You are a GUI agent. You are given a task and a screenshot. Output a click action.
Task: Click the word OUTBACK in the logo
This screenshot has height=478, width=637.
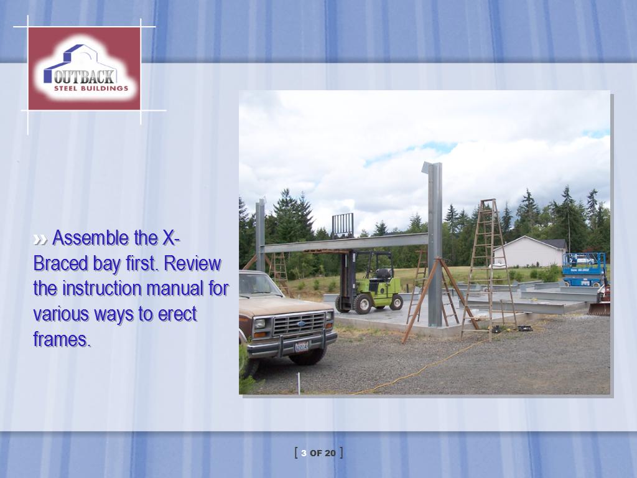coord(84,77)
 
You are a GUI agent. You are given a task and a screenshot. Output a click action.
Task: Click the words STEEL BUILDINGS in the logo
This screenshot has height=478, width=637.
coord(91,88)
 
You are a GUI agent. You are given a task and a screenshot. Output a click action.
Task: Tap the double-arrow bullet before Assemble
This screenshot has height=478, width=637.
coord(40,240)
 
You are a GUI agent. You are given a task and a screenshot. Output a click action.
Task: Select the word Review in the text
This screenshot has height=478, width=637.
coord(193,264)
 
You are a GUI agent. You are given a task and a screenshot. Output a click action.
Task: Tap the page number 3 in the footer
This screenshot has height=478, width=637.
coord(304,453)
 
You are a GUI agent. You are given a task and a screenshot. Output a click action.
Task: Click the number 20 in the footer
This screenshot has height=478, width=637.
coord(330,453)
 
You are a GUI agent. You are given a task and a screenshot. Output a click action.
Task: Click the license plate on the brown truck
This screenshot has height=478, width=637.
coord(302,346)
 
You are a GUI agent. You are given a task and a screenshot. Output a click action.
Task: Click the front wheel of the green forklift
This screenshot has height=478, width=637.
coord(362,304)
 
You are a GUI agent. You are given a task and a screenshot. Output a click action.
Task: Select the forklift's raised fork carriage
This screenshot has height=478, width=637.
coord(343,225)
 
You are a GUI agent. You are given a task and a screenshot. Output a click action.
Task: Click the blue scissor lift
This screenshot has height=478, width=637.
coord(584,269)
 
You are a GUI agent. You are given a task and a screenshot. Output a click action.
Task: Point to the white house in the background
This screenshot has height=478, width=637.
coord(529,251)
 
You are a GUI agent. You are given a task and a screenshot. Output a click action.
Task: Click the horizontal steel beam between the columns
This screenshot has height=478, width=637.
coord(346,243)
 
